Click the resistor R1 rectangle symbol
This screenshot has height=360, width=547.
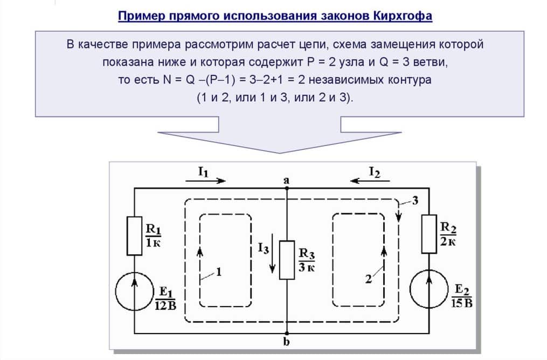pyautogui.click(x=134, y=236)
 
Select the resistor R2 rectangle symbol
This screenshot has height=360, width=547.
pyautogui.click(x=429, y=234)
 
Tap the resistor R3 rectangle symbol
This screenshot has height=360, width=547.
pyautogui.click(x=286, y=260)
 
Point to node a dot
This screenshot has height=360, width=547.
pyautogui.click(x=286, y=188)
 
